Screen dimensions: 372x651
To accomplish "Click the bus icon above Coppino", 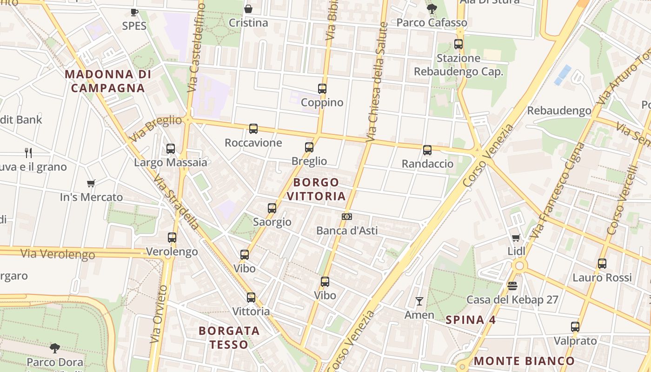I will coord(322,88).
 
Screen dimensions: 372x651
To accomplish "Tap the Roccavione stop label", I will coord(253,143).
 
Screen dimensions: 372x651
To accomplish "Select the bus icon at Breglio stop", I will coord(309,147).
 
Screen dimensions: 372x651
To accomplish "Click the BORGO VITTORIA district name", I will coord(316,189).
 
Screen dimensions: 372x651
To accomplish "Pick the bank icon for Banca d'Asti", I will coord(346,217).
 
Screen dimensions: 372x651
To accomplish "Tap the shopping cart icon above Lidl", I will coord(516,238).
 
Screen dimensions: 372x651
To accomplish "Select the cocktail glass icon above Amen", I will coord(419,301).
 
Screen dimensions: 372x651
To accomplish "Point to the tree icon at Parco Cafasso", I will coord(432,8).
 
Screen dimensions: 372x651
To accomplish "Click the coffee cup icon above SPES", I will coord(134,12).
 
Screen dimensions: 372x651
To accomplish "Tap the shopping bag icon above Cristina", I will coord(248,9).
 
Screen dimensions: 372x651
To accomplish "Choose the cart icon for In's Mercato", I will coord(91,184).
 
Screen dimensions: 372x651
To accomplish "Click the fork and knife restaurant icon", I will coord(28,153).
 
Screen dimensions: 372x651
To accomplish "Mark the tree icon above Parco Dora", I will coord(55,348).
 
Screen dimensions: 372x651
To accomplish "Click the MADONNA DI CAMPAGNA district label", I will coord(108,81).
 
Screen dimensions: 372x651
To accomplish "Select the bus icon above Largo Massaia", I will coord(171,149).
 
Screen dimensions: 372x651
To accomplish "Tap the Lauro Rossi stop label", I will coord(602,278).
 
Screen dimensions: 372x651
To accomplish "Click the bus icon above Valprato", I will coord(575,327).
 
